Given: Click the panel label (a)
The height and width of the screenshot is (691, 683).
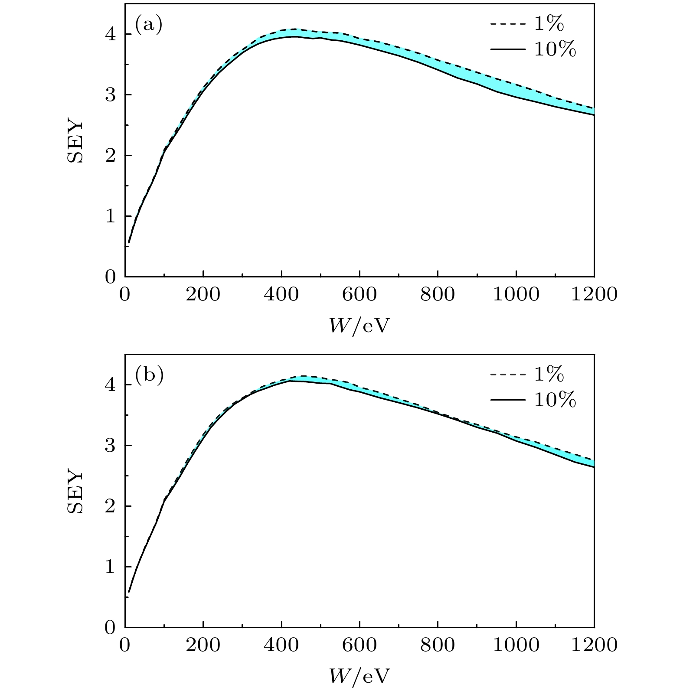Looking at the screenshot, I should click(149, 25).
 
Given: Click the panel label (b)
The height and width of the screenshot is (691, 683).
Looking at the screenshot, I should click(149, 375).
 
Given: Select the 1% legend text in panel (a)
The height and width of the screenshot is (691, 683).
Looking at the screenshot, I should click(549, 24).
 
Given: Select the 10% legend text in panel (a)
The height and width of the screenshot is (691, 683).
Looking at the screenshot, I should click(555, 50).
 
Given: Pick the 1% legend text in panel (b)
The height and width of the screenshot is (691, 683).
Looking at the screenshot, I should click(549, 375).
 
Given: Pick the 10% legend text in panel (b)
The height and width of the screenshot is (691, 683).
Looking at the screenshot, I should click(555, 400).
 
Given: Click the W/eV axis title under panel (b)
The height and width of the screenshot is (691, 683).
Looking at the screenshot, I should click(359, 676).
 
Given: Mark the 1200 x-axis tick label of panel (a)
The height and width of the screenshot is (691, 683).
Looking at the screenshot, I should click(594, 294).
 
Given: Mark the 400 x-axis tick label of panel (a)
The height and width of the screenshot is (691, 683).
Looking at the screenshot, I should click(281, 294).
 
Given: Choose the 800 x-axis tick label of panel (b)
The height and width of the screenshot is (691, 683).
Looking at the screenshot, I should click(438, 645).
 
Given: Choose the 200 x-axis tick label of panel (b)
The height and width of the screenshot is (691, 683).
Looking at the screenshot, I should click(203, 645).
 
